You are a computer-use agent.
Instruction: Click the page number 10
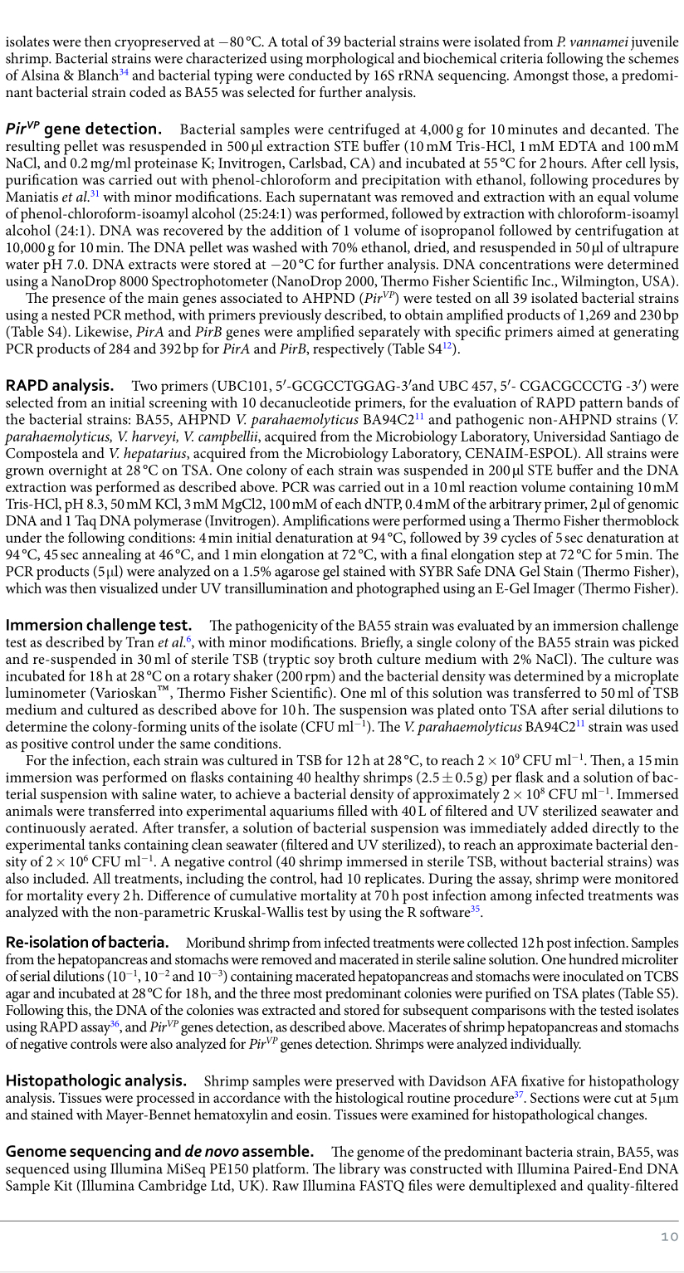click(669, 1236)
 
